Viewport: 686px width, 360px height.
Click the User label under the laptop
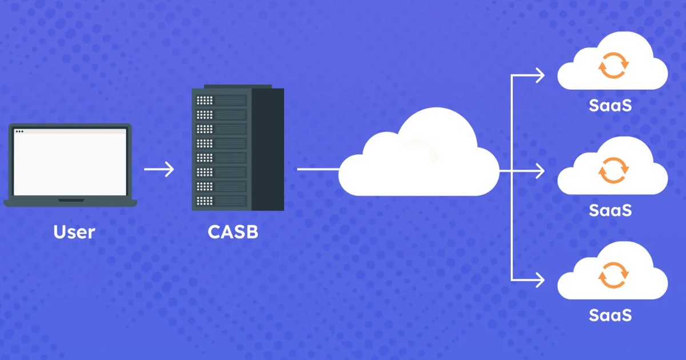coord(74,233)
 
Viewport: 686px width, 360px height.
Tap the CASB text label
coord(233,233)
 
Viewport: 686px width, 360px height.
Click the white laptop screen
coord(70,163)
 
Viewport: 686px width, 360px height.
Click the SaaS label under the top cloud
coord(611,106)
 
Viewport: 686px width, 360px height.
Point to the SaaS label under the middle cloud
coord(611,210)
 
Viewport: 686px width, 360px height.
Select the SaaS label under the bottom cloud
coord(611,315)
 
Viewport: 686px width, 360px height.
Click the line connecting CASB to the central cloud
coord(318,169)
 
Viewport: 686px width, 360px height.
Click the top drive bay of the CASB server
coord(222,101)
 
